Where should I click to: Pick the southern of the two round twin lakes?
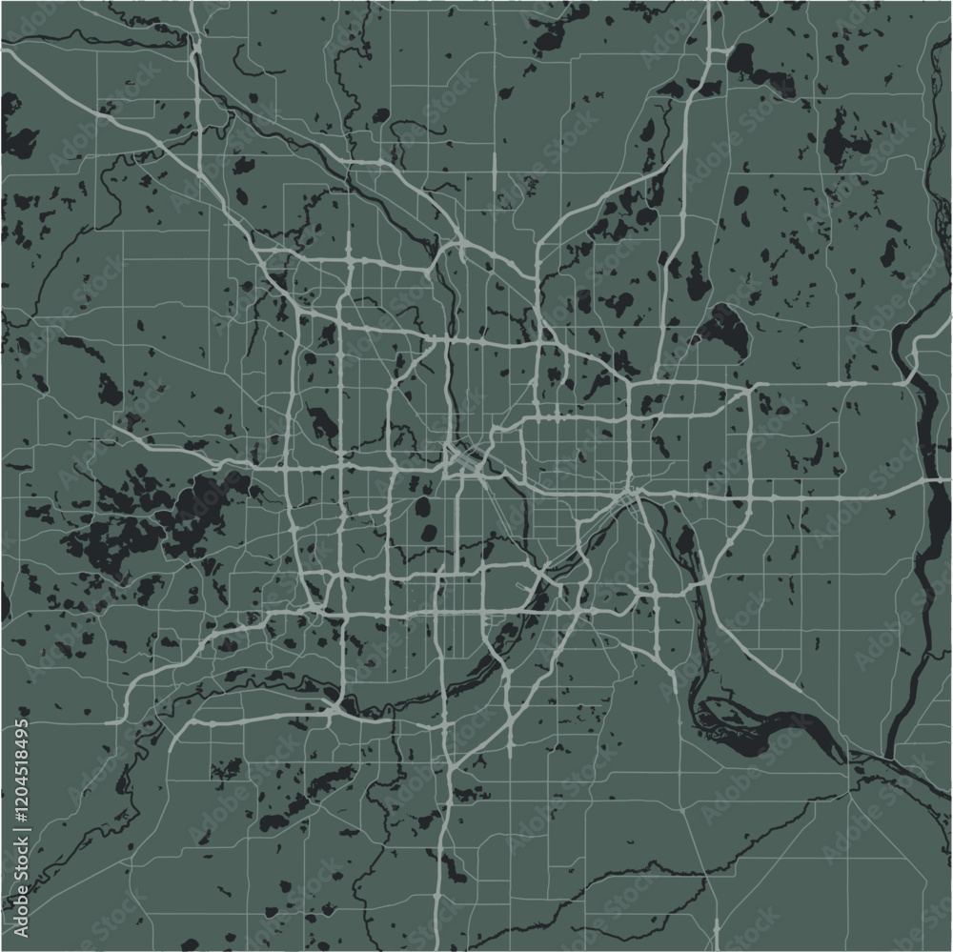pos(430,532)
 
